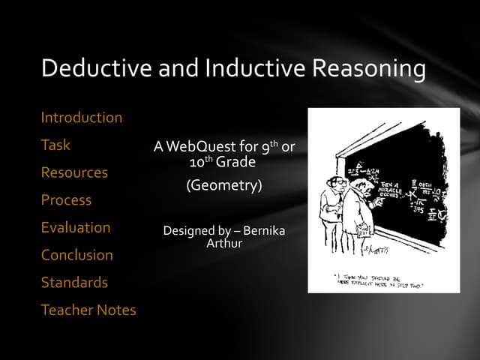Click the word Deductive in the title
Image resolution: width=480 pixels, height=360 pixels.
[x=97, y=68]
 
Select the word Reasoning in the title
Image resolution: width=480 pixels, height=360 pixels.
[x=368, y=68]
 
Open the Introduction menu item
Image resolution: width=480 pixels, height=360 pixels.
[x=81, y=118]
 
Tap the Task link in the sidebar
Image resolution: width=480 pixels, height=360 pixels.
[x=55, y=145]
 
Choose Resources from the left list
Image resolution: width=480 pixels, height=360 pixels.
[x=74, y=172]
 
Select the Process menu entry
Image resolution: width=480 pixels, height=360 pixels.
[x=66, y=200]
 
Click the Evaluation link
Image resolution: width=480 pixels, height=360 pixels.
[x=75, y=227]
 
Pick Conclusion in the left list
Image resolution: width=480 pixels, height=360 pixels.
[x=76, y=255]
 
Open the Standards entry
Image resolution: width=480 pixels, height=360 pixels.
[x=74, y=283]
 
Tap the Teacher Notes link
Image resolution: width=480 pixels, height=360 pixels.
[x=88, y=310]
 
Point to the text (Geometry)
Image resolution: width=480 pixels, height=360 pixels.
[x=224, y=185]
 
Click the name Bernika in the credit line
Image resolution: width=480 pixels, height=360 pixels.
[x=264, y=231]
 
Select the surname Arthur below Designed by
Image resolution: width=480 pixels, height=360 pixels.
[x=224, y=244]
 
